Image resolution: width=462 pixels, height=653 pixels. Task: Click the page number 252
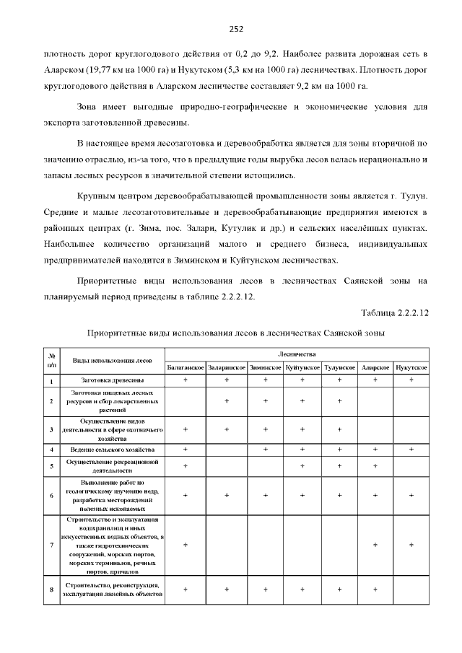[236, 29]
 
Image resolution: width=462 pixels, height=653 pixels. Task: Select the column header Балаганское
[186, 367]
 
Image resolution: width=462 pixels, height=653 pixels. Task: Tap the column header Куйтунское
[302, 367]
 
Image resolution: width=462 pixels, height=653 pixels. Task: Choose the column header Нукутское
[411, 367]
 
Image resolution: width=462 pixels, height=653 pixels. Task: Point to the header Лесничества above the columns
[297, 354]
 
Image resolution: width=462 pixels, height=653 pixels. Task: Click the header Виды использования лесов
[113, 360]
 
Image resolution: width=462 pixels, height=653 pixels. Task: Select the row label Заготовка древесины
[113, 380]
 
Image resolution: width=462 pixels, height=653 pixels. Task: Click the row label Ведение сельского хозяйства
[113, 450]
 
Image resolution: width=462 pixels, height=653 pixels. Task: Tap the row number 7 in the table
[52, 545]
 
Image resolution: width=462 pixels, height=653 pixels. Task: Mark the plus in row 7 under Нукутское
[411, 545]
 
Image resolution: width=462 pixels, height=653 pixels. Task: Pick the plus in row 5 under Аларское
[375, 466]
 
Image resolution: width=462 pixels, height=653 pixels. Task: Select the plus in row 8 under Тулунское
[339, 590]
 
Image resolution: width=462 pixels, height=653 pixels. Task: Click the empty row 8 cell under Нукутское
[411, 590]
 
